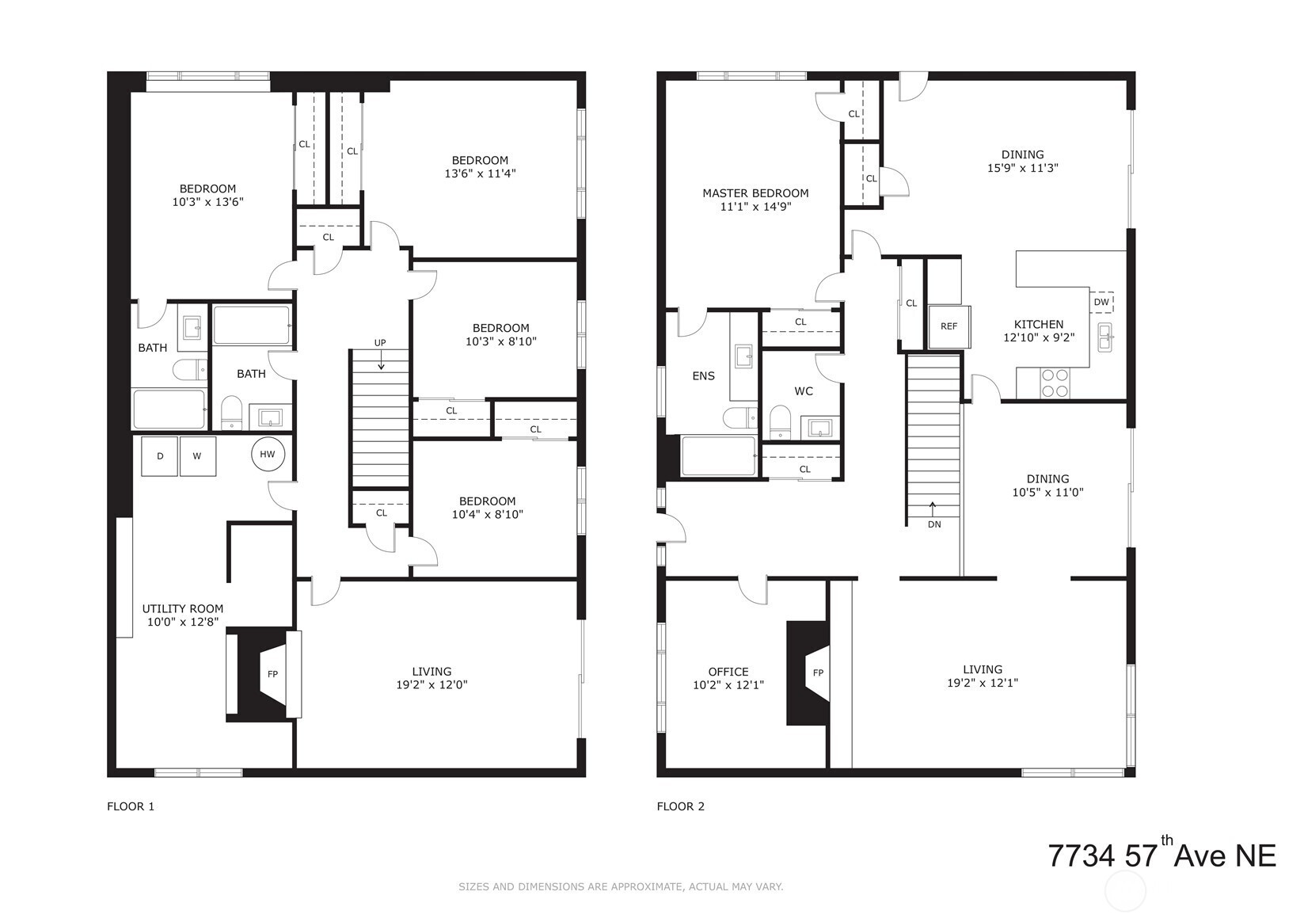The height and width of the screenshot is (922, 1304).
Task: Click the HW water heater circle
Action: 268,455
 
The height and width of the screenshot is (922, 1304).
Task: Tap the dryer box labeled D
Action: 159,456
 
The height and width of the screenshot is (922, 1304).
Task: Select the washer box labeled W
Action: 197,456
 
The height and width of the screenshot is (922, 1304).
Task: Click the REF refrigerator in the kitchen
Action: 949,327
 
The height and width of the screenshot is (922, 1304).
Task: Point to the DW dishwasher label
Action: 1101,303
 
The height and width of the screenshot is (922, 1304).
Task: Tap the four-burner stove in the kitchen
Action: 1055,383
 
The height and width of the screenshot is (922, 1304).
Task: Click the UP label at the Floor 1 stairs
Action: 380,342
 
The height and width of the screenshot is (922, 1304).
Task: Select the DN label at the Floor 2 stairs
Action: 934,524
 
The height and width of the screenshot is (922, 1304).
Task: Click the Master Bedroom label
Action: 755,192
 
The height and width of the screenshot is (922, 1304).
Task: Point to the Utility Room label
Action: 183,608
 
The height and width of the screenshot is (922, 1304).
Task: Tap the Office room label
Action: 728,672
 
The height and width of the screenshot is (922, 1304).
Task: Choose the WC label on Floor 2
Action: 804,391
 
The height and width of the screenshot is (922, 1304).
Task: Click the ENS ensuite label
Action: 703,376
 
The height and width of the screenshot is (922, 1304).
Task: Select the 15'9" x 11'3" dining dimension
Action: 1023,168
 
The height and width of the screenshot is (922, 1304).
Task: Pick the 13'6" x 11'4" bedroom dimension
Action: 481,173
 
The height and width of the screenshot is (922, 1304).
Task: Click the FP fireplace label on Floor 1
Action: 272,674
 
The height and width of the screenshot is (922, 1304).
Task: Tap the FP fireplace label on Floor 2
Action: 818,672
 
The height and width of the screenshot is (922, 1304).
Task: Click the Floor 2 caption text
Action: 681,806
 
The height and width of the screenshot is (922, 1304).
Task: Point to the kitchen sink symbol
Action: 1105,337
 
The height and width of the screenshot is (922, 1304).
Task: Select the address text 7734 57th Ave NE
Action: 1162,854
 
